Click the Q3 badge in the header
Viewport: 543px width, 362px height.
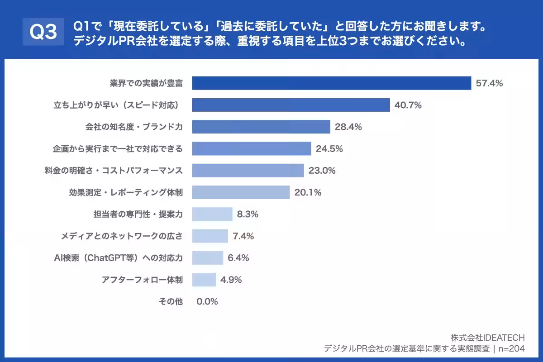point(43,32)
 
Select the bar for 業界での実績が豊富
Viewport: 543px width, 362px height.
point(331,83)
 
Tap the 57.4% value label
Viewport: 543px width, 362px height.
point(489,83)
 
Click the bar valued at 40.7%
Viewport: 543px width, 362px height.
point(291,105)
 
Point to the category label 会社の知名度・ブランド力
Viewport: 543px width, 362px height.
point(134,127)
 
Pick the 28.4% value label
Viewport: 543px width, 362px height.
point(348,127)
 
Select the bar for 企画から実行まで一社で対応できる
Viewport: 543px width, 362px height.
point(251,149)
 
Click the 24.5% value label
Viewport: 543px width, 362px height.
point(329,149)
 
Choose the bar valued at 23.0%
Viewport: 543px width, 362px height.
point(248,171)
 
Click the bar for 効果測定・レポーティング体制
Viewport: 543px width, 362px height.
point(240,192)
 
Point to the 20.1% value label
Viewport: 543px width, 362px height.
point(308,192)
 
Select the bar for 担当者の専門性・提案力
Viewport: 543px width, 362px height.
point(212,214)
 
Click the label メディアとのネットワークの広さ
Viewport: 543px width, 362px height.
point(122,236)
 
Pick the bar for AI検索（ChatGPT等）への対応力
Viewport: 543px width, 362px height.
point(207,257)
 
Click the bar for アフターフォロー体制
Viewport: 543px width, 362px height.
point(204,280)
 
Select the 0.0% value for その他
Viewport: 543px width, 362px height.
point(207,301)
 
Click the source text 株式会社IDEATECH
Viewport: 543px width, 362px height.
point(488,338)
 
